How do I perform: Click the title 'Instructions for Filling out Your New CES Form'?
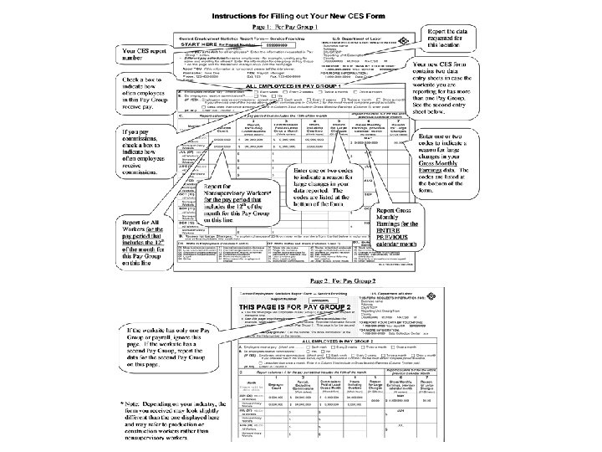point(301,15)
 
